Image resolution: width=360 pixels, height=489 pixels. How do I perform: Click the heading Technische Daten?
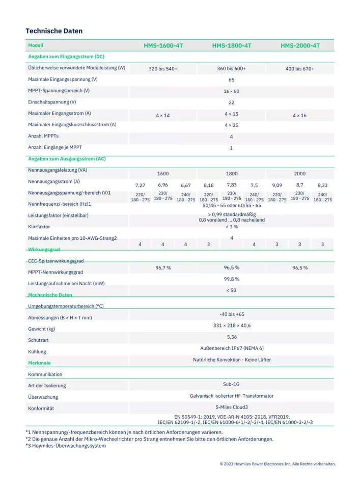pos(54,31)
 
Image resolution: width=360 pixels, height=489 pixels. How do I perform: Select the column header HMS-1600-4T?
pos(163,46)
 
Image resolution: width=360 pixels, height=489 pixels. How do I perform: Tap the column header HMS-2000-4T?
pos(300,46)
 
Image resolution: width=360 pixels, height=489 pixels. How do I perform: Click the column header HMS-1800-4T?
pos(232,46)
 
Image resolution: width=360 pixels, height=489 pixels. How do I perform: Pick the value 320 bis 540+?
pos(163,69)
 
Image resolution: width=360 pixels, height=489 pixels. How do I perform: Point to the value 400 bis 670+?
pos(300,69)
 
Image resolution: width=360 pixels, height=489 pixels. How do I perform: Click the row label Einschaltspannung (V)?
pos(52,102)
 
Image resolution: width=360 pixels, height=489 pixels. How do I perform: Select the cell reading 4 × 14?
pos(163,116)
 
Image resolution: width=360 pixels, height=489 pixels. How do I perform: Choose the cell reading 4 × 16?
pos(300,116)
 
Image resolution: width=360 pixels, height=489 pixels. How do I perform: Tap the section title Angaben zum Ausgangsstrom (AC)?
pos(67,159)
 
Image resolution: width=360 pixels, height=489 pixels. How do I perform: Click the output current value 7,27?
pos(140,185)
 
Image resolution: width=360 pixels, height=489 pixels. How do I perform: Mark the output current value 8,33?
pos(322,185)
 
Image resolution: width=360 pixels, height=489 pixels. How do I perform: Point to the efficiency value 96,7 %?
pos(163,267)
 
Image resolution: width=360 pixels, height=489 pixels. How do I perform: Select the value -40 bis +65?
pos(232,314)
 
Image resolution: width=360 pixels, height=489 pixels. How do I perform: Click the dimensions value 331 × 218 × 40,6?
pos(232,325)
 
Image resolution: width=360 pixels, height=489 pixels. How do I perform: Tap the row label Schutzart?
pos(38,340)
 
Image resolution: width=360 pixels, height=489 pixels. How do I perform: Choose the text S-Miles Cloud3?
pos(232,407)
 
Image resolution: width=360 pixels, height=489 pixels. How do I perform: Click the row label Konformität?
pos(41,409)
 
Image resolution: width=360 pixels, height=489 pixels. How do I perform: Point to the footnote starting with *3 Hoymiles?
pos(66,446)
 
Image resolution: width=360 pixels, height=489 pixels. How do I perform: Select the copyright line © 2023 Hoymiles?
pos(278,464)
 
